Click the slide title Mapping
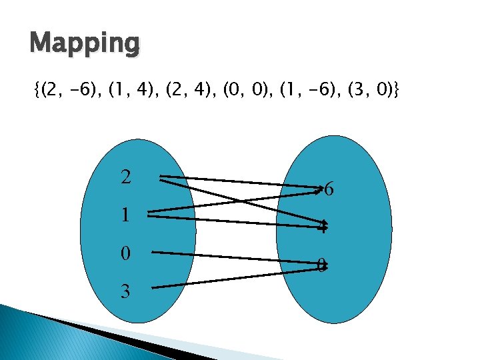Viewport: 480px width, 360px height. tap(85, 45)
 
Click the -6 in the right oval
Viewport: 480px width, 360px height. tap(325, 190)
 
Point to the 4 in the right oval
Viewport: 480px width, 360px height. tap(323, 227)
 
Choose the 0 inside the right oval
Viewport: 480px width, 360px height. tap(321, 266)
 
